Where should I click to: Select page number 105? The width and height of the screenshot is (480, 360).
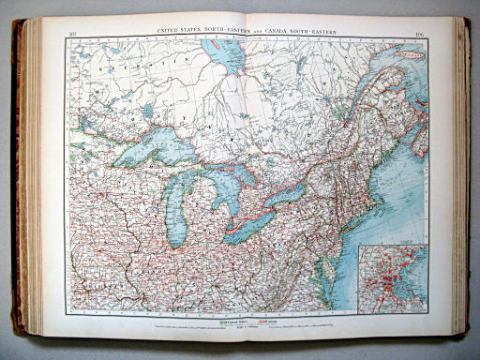pos(74,36)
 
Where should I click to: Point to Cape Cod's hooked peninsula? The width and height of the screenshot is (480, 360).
pos(391,195)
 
